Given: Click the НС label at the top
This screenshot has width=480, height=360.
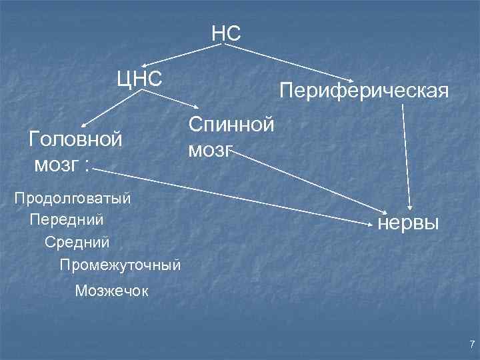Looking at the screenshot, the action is [x=226, y=33].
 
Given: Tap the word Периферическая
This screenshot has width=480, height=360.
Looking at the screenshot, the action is [x=363, y=90].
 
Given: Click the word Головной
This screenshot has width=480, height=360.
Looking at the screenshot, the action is [x=76, y=139].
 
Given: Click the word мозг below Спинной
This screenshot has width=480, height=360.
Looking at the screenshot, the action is [x=211, y=149].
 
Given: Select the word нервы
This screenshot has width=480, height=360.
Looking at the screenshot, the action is [x=407, y=222].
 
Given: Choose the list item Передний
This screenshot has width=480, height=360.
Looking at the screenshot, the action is [x=67, y=219].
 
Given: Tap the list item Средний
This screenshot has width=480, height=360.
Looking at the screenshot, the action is [x=77, y=240].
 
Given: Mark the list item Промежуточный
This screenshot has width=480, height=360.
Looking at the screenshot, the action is [x=120, y=264].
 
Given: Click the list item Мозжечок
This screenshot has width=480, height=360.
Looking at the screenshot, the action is [x=113, y=290].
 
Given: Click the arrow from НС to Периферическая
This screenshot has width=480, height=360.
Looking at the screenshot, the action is [x=293, y=63].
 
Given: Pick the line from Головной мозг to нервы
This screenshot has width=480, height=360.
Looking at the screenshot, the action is [x=233, y=193].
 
